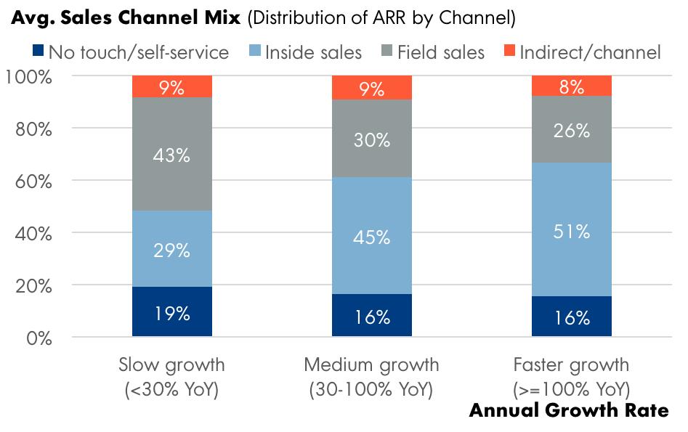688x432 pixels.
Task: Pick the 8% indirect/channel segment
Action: (x=572, y=86)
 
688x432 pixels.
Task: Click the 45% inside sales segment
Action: (x=372, y=235)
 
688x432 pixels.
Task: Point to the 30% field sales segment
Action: (x=372, y=140)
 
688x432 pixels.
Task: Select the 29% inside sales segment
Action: (x=172, y=249)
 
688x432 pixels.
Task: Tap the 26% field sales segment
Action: (x=572, y=130)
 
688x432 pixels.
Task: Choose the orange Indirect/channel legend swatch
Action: (x=509, y=52)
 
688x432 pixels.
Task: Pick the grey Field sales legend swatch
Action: (x=387, y=52)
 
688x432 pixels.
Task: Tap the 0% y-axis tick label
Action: (x=40, y=338)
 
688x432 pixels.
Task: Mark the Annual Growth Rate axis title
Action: (x=569, y=411)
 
